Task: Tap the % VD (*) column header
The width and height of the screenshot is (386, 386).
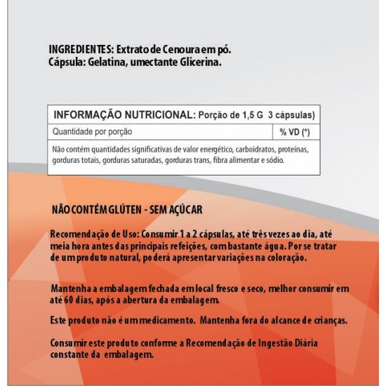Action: pyautogui.click(x=294, y=132)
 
